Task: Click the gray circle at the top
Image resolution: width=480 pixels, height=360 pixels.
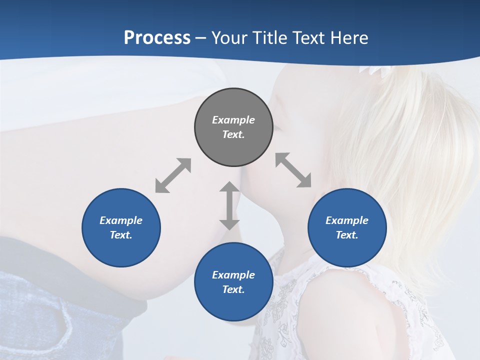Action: pos(233,127)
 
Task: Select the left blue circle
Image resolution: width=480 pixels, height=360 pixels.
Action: pos(121,227)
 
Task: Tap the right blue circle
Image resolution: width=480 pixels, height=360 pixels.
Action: pos(347,227)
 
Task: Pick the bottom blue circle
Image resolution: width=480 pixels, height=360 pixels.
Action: pos(233,282)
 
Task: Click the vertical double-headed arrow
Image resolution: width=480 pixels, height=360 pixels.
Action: pos(229,205)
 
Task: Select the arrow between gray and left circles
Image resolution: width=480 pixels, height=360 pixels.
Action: pos(173,175)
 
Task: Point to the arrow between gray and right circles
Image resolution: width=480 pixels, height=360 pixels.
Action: pos(293,170)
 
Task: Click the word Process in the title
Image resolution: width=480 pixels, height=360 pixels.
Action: pos(157,37)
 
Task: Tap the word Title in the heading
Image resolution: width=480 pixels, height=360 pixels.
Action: pos(270,37)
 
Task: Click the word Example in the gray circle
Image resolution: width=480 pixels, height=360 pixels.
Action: pos(233,120)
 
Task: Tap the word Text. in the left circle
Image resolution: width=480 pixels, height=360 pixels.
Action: pos(121,235)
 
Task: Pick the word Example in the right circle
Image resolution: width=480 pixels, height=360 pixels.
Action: pos(347,220)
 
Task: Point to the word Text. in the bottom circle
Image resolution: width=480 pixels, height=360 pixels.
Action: pos(233,289)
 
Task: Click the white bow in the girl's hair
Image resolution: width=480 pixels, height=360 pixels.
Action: pos(373,70)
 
